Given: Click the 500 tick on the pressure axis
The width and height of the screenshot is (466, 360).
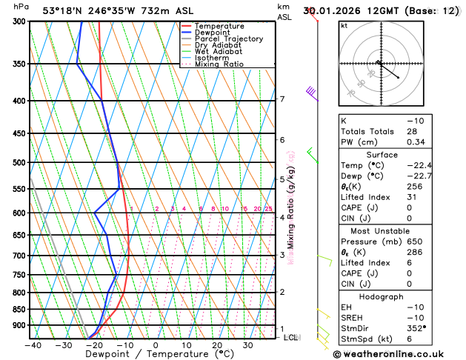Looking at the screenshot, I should click(20, 163).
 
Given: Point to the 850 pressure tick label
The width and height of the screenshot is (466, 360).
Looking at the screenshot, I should click(20, 310).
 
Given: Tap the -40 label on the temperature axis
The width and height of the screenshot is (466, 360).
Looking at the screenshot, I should click(33, 345).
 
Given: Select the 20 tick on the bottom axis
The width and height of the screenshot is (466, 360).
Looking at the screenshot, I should click(217, 345).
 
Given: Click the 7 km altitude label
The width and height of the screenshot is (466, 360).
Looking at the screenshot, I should click(282, 99).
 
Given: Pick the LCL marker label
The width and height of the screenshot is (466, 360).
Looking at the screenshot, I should click(290, 338).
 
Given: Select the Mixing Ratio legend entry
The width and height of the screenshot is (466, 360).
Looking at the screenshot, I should click(219, 64).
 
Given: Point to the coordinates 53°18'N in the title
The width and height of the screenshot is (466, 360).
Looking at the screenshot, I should click(66, 10).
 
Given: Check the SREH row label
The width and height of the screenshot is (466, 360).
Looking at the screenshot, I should click(352, 317).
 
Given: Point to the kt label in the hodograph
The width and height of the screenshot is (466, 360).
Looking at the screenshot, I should click(344, 26).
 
